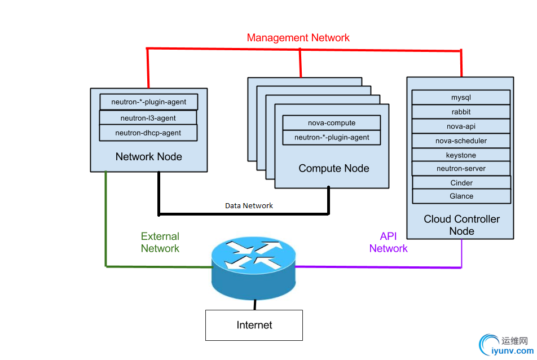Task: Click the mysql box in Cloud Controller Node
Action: tap(461, 98)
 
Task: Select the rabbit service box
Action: tap(461, 112)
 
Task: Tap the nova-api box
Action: tap(461, 126)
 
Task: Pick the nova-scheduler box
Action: tap(461, 141)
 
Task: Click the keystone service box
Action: tap(461, 155)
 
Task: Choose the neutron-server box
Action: tap(461, 168)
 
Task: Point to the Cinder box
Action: tap(461, 183)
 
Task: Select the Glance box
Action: tap(461, 196)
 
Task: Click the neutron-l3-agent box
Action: tap(148, 118)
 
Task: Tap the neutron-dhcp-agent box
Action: tap(148, 133)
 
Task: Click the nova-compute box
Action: tap(331, 123)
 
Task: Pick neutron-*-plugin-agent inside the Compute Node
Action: tap(331, 137)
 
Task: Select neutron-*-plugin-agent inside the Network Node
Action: tap(148, 102)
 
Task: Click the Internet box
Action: tap(254, 325)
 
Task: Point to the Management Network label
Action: tap(298, 38)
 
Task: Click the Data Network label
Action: tap(249, 206)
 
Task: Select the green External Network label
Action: tap(160, 243)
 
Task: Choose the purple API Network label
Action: tap(388, 243)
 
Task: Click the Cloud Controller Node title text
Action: tap(461, 225)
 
